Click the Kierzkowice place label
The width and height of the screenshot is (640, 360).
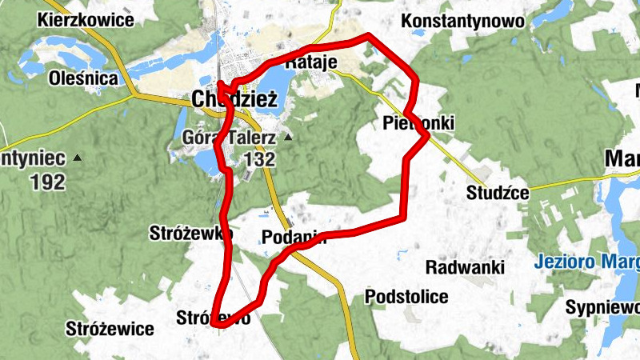pos(86,20)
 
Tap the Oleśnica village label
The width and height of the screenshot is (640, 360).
pos(84,78)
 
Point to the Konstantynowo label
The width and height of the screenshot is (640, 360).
pos(463,21)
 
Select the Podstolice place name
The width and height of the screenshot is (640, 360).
pos(406,297)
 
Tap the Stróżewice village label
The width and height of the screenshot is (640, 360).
pos(110,328)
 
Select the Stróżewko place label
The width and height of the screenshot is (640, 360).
pos(190,234)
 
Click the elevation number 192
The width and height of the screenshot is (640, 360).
pos(48,182)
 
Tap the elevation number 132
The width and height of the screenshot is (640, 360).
pos(259,159)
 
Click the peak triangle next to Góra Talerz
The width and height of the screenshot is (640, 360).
pos(288,138)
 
